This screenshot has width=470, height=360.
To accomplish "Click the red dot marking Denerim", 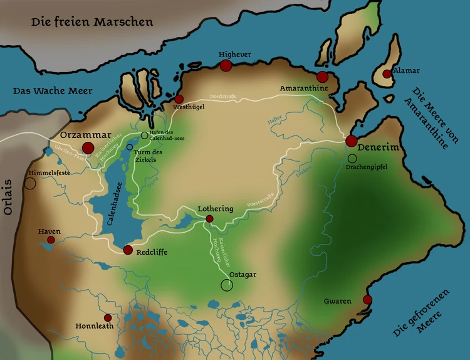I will point(351,141).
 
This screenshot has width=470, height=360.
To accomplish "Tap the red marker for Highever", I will point(226,66).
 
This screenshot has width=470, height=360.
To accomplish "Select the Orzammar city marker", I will point(88,148).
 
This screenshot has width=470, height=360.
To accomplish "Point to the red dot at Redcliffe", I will point(128,250).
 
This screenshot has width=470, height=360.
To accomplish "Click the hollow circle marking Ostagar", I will point(226,285).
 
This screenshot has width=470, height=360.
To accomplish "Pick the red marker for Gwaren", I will point(367,299).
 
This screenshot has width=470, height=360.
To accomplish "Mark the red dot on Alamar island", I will point(387,74).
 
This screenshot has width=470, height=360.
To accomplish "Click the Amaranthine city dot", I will point(322,77).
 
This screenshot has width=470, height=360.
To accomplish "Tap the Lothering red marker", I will point(209,219).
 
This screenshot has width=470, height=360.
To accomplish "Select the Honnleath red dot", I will point(108,317).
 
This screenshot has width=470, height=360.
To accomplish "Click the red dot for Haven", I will point(51,240).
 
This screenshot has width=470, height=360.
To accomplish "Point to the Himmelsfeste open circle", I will point(30,183).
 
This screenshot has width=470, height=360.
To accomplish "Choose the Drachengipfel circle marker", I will point(352,159).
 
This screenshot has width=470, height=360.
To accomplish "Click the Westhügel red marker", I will point(179,99).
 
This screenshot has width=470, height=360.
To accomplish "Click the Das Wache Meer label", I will point(43,91).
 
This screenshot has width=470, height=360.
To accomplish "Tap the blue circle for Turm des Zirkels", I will point(130,147).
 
